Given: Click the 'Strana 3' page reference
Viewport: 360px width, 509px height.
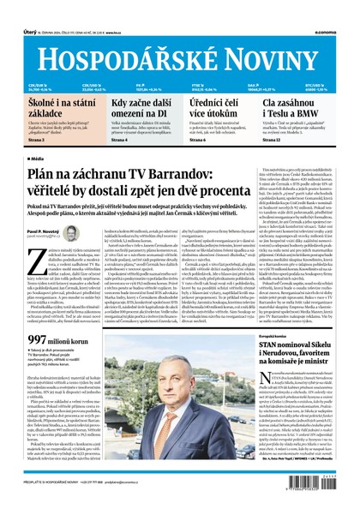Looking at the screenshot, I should [x=36, y=139].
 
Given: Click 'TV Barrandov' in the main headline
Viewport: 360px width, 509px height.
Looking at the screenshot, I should [x=183, y=174].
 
